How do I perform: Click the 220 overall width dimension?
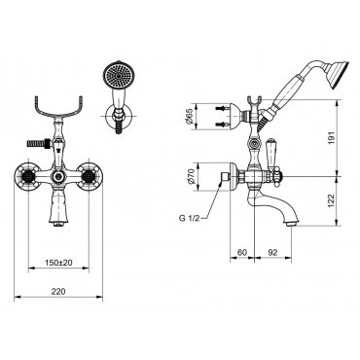coord(58,291)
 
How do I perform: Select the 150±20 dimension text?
coord(58,263)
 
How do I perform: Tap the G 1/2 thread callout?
coord(189,218)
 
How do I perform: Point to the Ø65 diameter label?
coord(190,117)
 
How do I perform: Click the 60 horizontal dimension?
coord(242,252)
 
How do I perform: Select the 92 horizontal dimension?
coord(272,252)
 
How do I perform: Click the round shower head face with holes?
coord(118,76)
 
